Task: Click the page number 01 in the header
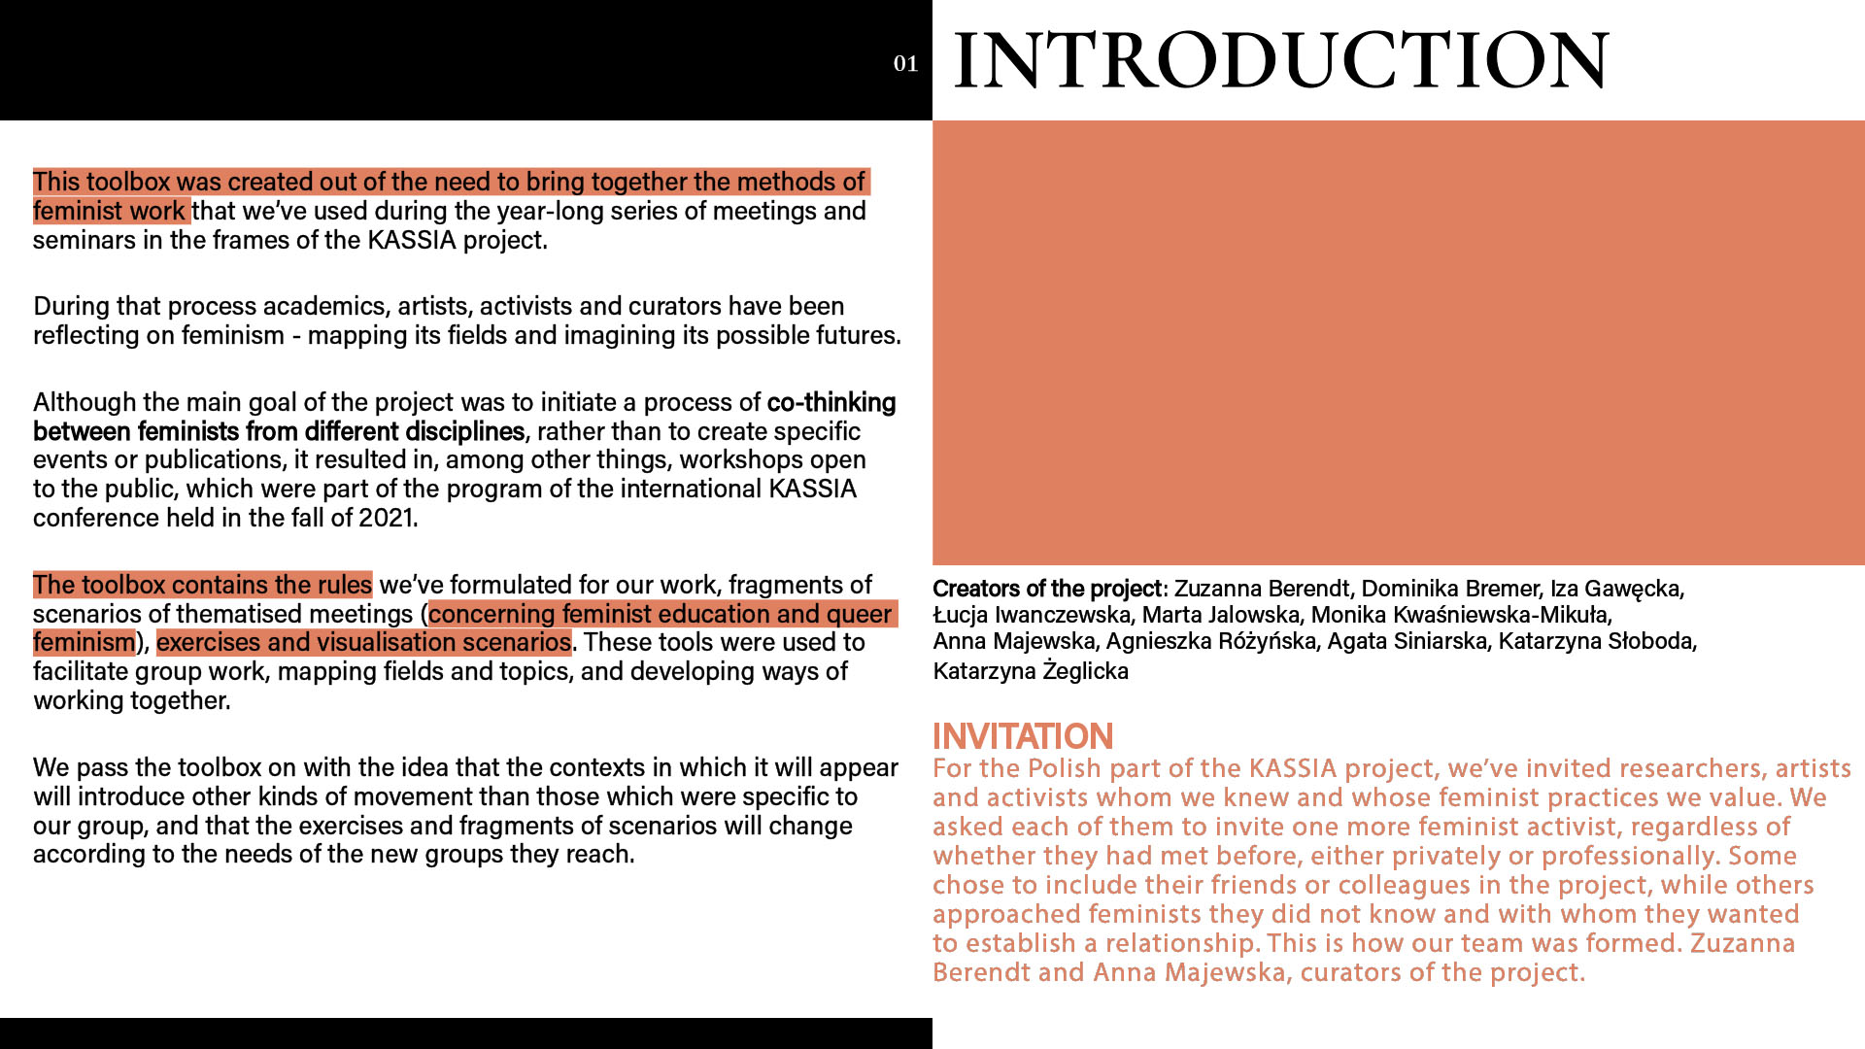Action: (x=905, y=64)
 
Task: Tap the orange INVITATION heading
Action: (x=1022, y=736)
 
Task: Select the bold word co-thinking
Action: (x=831, y=402)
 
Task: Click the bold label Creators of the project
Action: (x=1046, y=589)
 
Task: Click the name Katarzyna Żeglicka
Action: (x=1030, y=671)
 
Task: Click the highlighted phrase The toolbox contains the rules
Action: (x=202, y=585)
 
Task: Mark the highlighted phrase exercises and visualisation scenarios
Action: (x=363, y=642)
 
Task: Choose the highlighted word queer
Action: (x=859, y=614)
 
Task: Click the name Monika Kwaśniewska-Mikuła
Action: (x=1460, y=615)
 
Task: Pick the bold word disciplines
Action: (x=464, y=431)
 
